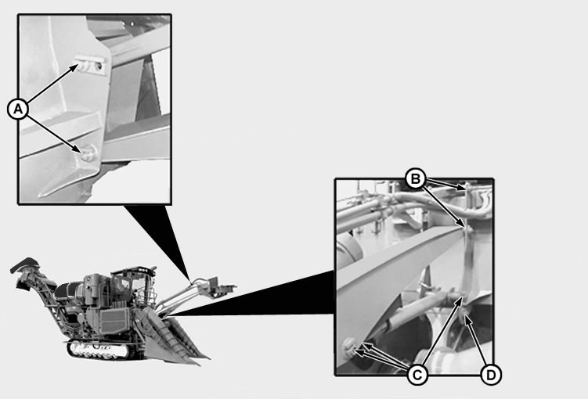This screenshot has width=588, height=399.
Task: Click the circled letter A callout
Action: coord(18,109)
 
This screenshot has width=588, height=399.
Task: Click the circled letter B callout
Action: coord(416,179)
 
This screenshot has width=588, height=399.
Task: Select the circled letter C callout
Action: coord(417,374)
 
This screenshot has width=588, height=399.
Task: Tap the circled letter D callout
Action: coord(490,374)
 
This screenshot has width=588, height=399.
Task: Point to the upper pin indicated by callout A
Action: coord(83,66)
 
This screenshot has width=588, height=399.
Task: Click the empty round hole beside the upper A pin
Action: coord(99,66)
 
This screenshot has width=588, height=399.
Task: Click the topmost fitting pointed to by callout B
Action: coord(469,188)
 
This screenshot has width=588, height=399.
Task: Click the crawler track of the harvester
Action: coord(99,350)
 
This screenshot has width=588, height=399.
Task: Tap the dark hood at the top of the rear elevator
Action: coord(26,265)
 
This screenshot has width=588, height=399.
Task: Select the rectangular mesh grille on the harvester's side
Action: coord(114,321)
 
